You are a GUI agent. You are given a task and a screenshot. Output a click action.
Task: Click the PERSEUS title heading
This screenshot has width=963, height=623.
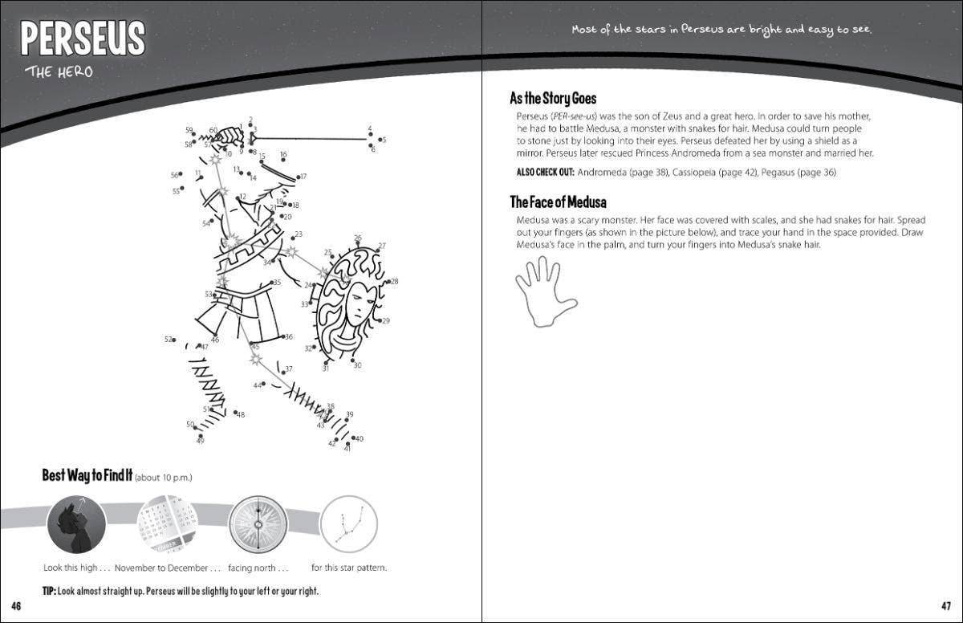click(83, 39)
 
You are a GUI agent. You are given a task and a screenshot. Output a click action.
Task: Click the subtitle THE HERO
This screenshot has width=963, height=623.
click(59, 72)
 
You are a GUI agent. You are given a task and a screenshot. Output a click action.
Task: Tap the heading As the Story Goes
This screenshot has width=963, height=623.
click(553, 98)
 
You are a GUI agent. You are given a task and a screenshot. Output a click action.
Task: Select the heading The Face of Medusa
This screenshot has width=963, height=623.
click(558, 202)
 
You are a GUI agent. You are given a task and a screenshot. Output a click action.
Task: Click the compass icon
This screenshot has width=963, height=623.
click(258, 523)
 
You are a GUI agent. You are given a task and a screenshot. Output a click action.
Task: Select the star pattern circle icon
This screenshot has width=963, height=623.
click(349, 523)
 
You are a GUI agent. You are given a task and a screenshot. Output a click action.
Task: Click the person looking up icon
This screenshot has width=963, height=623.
click(76, 523)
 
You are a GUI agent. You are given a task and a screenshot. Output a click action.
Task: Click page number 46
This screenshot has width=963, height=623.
click(16, 606)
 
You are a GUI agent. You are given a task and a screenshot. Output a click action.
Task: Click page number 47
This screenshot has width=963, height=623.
click(946, 606)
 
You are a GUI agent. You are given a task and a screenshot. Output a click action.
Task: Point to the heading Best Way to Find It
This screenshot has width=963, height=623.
click(87, 475)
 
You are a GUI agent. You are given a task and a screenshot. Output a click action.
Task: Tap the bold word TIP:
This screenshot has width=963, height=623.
click(49, 591)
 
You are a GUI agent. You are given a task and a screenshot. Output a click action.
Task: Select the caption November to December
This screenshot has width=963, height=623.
click(167, 568)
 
